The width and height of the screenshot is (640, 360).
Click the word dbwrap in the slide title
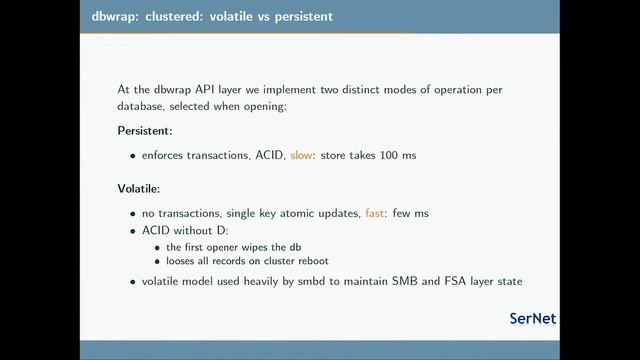(104, 17)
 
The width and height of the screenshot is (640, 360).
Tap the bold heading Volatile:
(140, 188)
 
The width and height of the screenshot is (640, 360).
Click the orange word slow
(301, 156)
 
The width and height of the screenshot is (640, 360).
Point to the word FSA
(452, 281)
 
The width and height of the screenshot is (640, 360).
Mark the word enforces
(164, 156)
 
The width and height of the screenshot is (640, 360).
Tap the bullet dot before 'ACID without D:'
(134, 231)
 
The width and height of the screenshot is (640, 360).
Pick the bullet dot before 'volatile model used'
(134, 282)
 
